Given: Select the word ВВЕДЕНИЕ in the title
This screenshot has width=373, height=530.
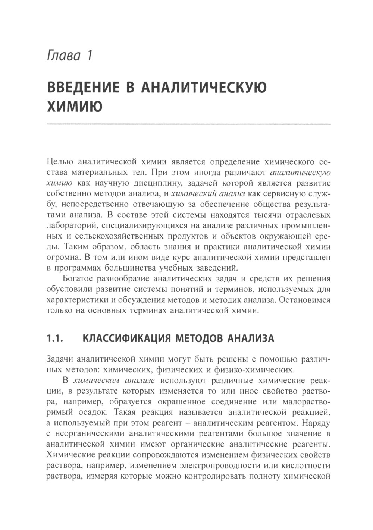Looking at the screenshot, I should pos(84,88).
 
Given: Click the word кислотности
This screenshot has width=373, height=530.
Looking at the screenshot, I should pos(308,466).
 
